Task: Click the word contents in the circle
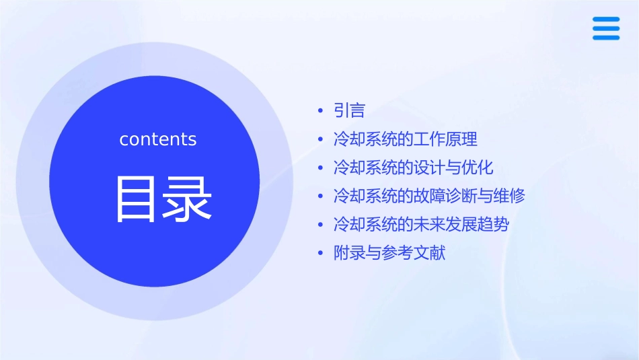(x=158, y=139)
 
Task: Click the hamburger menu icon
(x=606, y=28)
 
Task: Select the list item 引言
(x=349, y=110)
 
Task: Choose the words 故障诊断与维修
(x=469, y=196)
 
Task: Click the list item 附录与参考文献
(x=389, y=253)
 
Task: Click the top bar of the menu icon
(x=606, y=19)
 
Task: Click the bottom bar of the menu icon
(x=606, y=38)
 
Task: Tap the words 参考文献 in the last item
(x=414, y=253)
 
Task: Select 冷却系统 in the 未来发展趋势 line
(x=365, y=224)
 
